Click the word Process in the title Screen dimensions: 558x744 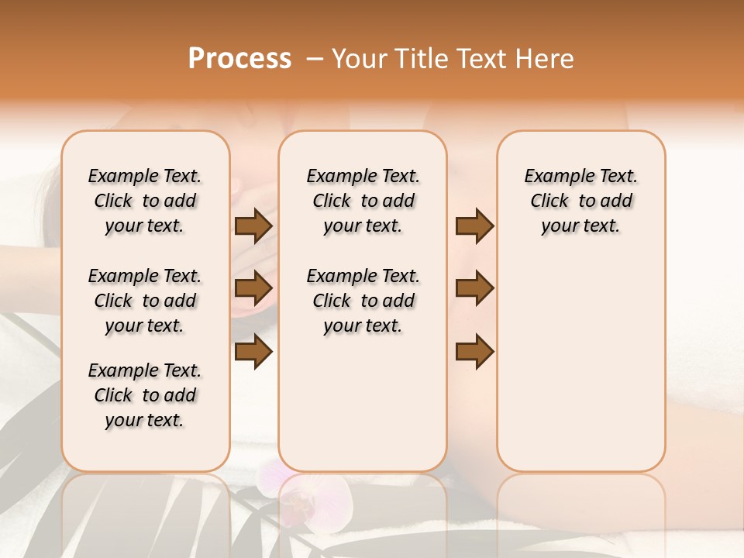click(239, 59)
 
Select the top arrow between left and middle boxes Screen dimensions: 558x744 click(253, 226)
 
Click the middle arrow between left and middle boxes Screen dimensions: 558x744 click(253, 288)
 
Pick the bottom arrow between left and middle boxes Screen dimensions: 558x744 click(253, 351)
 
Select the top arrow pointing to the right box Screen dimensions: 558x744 click(474, 226)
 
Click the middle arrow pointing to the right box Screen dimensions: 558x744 click(474, 288)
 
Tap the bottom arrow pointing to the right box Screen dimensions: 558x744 click(474, 351)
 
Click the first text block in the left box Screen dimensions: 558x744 click(145, 201)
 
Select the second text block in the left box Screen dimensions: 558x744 click(145, 301)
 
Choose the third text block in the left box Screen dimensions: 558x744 click(145, 395)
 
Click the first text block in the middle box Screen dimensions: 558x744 click(363, 201)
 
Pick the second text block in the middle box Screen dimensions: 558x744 click(363, 301)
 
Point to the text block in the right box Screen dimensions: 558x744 click(581, 201)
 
